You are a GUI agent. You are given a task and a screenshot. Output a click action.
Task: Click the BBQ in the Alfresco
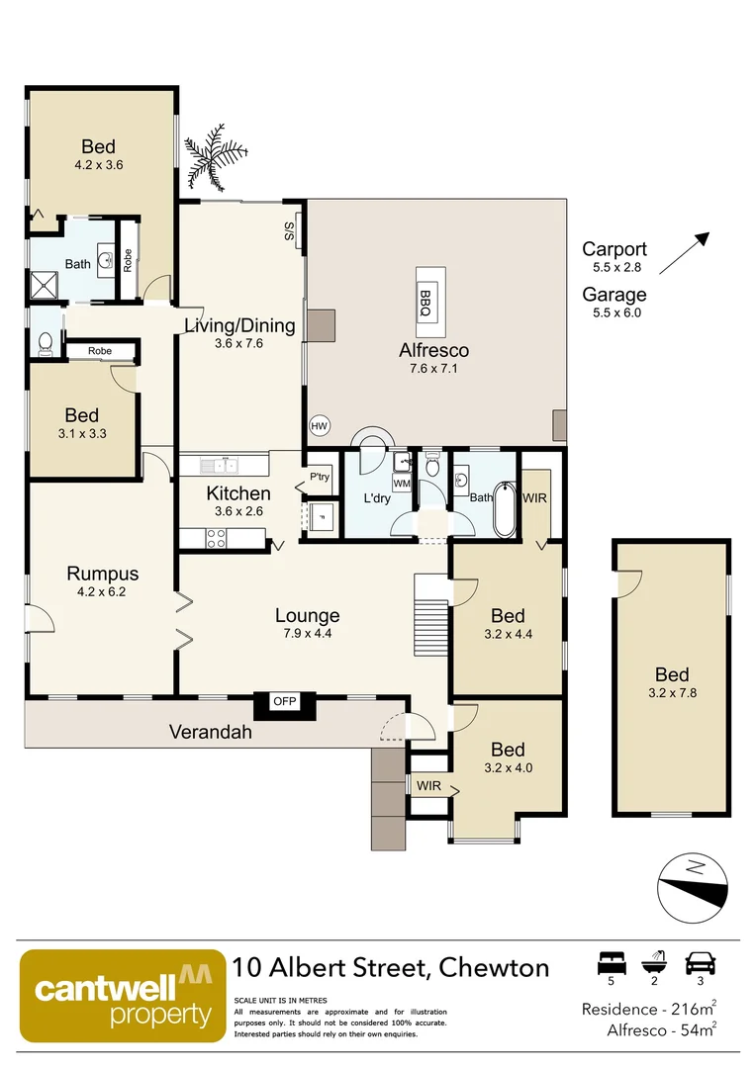click(x=426, y=294)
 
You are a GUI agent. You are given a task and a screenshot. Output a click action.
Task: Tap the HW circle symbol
click(x=319, y=425)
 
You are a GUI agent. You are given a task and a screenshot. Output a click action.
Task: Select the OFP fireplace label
click(x=285, y=702)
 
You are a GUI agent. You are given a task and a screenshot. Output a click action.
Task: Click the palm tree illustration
click(x=210, y=159)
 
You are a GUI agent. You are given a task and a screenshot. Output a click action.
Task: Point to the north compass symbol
click(x=695, y=884)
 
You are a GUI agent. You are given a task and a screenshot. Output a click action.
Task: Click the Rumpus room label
click(x=103, y=574)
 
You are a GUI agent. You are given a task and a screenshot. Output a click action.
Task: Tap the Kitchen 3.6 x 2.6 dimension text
click(x=238, y=511)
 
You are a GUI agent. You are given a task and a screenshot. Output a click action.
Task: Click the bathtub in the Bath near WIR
click(x=504, y=509)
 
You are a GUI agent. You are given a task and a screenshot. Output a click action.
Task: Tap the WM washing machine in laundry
click(x=401, y=484)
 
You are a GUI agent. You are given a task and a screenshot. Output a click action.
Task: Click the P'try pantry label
click(x=320, y=477)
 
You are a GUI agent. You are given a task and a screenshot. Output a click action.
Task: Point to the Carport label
click(x=614, y=249)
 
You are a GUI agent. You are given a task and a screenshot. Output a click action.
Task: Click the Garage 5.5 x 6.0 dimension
click(x=614, y=311)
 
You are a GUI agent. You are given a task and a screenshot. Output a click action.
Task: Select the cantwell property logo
click(x=122, y=997)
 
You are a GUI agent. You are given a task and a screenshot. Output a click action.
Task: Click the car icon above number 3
click(x=700, y=963)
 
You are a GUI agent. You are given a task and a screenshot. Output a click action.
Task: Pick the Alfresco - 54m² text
click(x=660, y=1030)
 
